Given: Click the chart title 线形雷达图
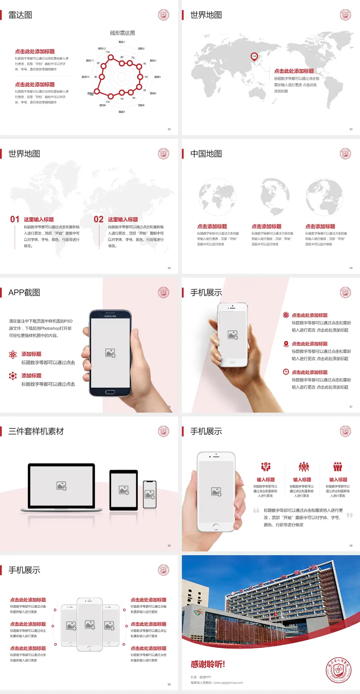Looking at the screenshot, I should coord(122,33).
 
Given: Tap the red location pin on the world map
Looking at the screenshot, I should coord(254,57).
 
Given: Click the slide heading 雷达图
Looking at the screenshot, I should coord(20,15).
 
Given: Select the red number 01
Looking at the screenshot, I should coord(15,219).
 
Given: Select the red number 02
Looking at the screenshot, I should coord(99,219).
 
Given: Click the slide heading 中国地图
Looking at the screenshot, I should coord(206,154).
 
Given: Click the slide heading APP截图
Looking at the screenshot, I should coord(24,293).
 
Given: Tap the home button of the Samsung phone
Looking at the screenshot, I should coord(110,392).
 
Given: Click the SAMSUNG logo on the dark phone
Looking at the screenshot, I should coord(110,316).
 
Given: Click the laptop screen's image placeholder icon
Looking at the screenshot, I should coord(61,486).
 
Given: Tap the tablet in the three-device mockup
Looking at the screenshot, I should coord(124,490).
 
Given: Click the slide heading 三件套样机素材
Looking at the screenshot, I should coord(36,431).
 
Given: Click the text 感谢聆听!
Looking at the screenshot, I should coord(208,664).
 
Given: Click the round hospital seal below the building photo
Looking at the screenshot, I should coord(338,670).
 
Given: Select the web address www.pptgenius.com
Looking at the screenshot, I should coord(228,683).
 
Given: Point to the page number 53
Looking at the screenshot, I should coord(351,129).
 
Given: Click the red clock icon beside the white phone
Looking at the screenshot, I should coord(286,372).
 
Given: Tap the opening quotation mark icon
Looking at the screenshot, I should coord(256,511).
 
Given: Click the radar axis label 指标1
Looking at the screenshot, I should coord(122,42).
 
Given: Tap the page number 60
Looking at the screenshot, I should coord(169,684).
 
